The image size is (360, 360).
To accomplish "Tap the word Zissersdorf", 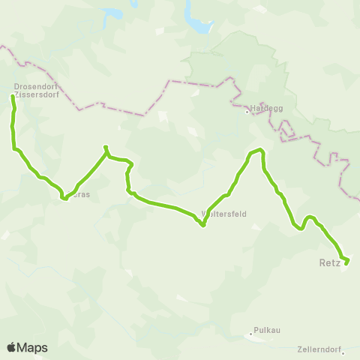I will [x=31, y=94].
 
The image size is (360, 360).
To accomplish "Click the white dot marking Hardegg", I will [x=247, y=112].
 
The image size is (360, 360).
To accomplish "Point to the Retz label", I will [x=329, y=263].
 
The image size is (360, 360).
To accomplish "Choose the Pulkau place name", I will [x=267, y=329].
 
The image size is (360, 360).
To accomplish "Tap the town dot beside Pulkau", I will [x=251, y=334].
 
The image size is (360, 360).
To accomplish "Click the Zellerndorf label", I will [x=319, y=349].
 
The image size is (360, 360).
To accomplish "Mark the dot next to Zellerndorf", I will [x=343, y=354].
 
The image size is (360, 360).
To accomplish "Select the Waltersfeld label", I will [x=225, y=214].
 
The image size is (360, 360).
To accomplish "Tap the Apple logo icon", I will [x=11, y=347].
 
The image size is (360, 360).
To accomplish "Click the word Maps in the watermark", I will [x=32, y=347].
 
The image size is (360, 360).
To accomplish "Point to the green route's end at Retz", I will [x=346, y=262].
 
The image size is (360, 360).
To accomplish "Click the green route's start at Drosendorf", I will [x=12, y=97].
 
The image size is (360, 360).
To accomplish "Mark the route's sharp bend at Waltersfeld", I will [x=203, y=224].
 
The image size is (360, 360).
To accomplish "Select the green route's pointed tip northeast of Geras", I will [x=105, y=147].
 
